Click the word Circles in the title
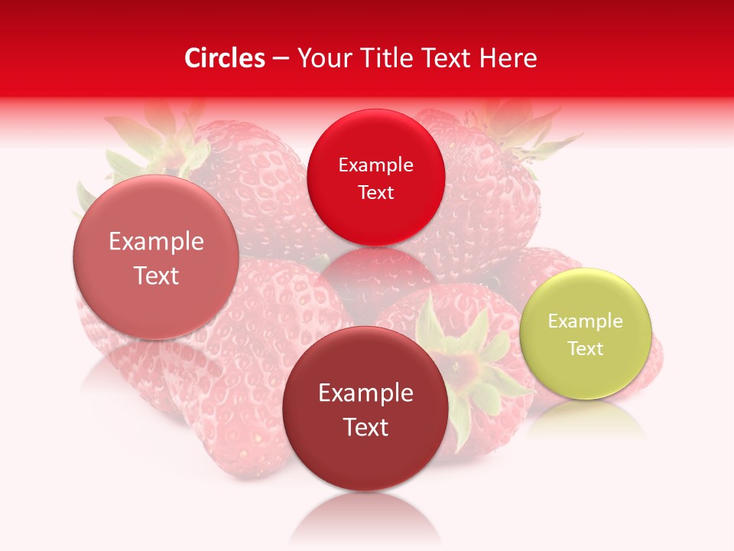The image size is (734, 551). [x=224, y=58]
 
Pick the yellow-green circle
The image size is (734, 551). [x=585, y=375]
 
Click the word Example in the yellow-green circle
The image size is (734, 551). [x=585, y=321]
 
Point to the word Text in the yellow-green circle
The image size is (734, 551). [x=585, y=349]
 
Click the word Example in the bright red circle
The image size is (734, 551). [x=375, y=165]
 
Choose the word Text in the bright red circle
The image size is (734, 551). [x=375, y=193]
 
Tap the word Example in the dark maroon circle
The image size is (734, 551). [x=365, y=393]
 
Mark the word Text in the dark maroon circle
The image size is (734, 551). [x=365, y=428]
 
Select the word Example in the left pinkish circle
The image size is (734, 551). [x=156, y=242]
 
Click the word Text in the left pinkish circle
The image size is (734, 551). [x=156, y=276]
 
